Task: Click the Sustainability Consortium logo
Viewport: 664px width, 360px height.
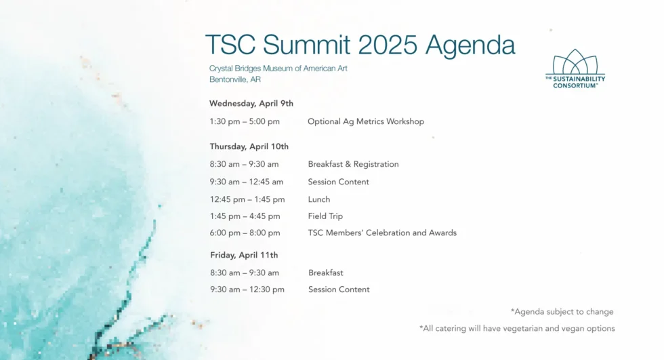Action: (x=575, y=68)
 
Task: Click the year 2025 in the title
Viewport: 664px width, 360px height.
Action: (x=388, y=45)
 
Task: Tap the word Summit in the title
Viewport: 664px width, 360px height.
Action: (x=306, y=45)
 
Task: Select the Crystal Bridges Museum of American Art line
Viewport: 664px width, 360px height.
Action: (x=278, y=68)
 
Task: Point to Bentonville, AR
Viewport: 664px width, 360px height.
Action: (x=235, y=79)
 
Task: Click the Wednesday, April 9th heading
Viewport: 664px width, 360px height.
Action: (x=251, y=103)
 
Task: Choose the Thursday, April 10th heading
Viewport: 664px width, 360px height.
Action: (x=249, y=146)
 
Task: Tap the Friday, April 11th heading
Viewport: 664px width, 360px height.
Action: (x=244, y=255)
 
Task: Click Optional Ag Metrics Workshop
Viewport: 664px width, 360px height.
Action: (x=366, y=121)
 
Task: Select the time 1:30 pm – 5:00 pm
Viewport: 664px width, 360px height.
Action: (x=245, y=121)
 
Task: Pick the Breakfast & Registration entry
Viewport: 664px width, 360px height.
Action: (x=353, y=164)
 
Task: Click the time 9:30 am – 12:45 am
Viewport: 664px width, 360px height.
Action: (x=247, y=182)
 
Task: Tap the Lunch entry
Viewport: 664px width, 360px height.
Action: (x=319, y=199)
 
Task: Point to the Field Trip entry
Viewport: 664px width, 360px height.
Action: (x=325, y=216)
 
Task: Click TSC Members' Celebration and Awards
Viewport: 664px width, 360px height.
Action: (x=382, y=233)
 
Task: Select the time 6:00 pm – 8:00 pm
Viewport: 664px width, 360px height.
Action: (x=245, y=233)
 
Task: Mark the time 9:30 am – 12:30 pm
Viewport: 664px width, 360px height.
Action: (x=247, y=289)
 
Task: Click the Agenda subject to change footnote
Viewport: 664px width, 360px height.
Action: (x=562, y=312)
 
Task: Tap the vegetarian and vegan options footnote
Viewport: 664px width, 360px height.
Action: (x=517, y=328)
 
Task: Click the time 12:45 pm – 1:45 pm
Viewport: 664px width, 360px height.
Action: (x=247, y=199)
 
